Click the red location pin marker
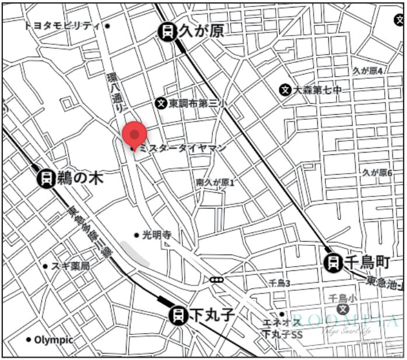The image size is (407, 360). [x=135, y=135]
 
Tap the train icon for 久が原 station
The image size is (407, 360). [x=168, y=31]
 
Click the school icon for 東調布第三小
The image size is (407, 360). [x=161, y=103]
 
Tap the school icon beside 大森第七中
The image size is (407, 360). [x=285, y=90]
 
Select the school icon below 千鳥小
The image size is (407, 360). [x=343, y=309]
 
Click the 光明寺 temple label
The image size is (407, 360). [x=156, y=235]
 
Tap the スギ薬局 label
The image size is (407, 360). [x=70, y=266]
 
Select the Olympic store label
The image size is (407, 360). [x=53, y=340]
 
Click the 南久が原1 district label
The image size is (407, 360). [x=215, y=182]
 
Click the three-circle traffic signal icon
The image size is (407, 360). [x=216, y=280]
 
